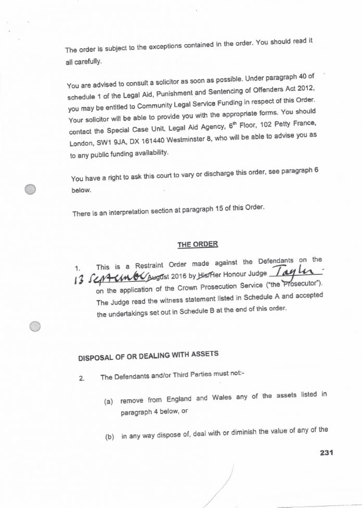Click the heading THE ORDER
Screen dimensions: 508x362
(197, 244)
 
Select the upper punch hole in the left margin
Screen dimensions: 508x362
(31, 190)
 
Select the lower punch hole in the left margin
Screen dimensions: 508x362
(34, 326)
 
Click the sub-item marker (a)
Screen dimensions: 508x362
(109, 402)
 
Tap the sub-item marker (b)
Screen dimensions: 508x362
(109, 437)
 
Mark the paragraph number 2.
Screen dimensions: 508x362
(82, 378)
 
